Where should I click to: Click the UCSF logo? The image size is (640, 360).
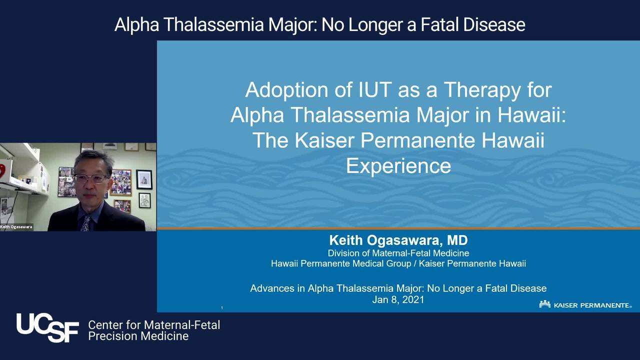(x=47, y=327)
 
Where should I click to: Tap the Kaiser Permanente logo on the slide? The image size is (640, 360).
(x=585, y=304)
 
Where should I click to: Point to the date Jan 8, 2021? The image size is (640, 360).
(x=398, y=299)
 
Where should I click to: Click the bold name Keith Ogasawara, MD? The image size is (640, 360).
(x=398, y=240)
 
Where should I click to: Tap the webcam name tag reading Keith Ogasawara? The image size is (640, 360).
(x=16, y=227)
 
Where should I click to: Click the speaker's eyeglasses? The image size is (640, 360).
(x=90, y=178)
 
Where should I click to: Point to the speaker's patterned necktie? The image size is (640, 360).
(x=85, y=223)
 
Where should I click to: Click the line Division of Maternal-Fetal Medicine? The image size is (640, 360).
(x=398, y=253)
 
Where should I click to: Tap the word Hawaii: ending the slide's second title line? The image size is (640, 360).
(x=531, y=115)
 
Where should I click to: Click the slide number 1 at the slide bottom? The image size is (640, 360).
(x=222, y=307)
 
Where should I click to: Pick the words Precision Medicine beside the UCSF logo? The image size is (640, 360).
(x=138, y=336)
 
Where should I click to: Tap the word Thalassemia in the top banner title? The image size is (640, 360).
(x=213, y=24)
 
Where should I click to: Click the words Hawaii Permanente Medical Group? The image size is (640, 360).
(x=341, y=263)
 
